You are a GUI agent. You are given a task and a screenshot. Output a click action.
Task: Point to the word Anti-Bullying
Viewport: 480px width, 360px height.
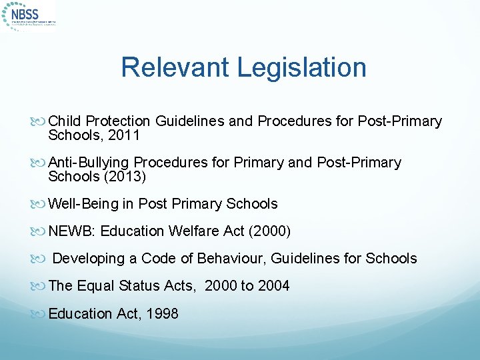point(89,163)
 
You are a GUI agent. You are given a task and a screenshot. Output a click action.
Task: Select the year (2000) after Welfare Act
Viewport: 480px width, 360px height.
point(271,231)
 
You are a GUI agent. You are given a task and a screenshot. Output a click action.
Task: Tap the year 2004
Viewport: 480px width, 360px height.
point(274,286)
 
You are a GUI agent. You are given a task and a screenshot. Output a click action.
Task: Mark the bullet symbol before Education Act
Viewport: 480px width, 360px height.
point(41,314)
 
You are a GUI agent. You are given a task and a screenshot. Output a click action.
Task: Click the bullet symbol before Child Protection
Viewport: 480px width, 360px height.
point(41,121)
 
